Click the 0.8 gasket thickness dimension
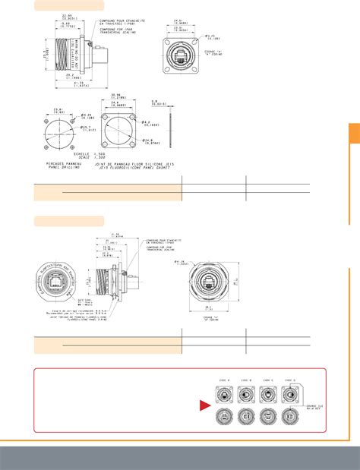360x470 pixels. (175, 103)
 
